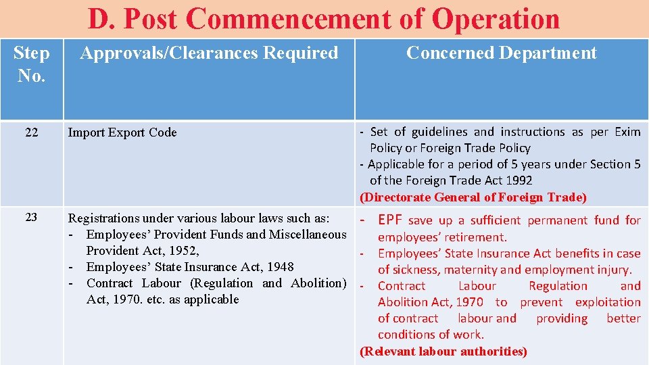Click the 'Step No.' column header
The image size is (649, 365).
31,64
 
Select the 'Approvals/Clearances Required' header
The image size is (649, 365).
209,53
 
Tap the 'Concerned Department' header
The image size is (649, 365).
501,53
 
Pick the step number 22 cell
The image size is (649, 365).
31,132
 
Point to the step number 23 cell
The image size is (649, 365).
31,218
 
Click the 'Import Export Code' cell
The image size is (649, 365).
122,132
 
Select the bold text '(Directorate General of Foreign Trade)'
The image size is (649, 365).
473,197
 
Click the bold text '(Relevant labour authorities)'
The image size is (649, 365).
443,351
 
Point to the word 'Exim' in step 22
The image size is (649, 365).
627,132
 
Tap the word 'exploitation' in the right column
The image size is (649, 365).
607,302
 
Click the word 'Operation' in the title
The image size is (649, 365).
496,20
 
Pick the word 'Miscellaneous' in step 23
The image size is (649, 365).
308,235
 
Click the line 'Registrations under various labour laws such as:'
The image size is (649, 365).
199,218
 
